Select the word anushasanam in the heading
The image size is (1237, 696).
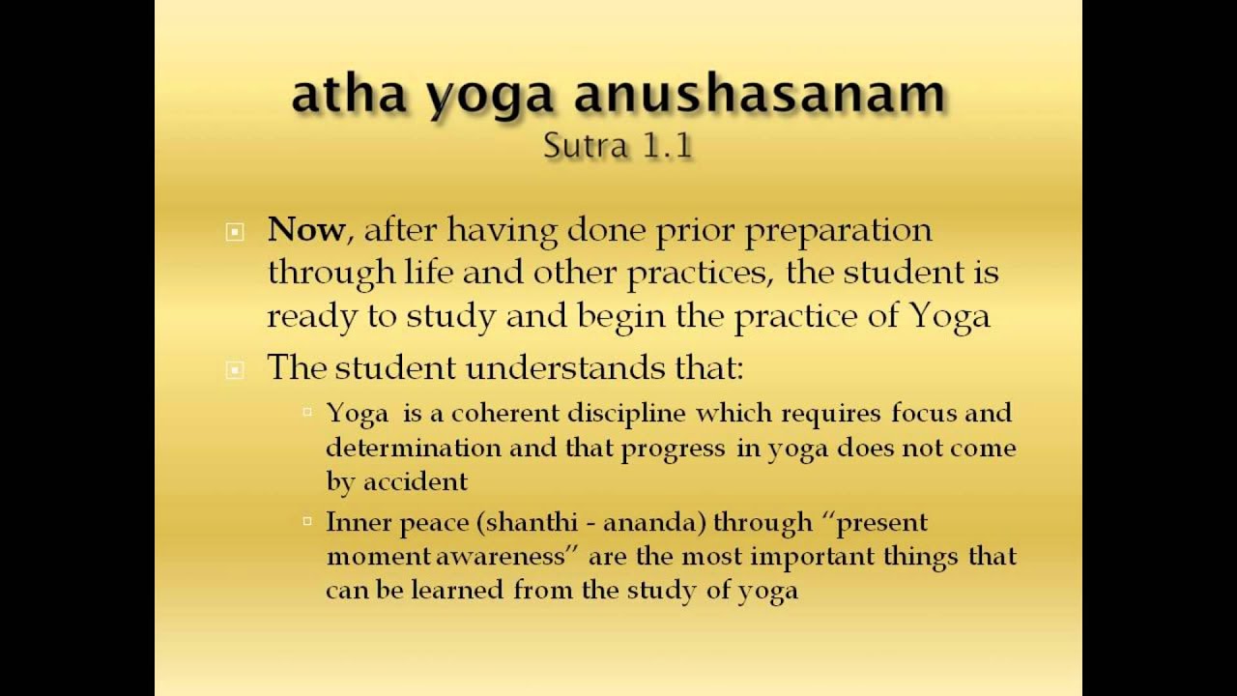[761, 95]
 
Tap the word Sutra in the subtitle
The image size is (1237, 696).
[577, 145]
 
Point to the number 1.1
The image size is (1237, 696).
[666, 145]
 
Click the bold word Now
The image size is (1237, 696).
[305, 230]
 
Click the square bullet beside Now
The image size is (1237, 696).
[235, 232]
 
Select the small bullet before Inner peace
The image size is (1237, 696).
[307, 521]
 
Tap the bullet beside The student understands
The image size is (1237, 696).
[235, 369]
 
